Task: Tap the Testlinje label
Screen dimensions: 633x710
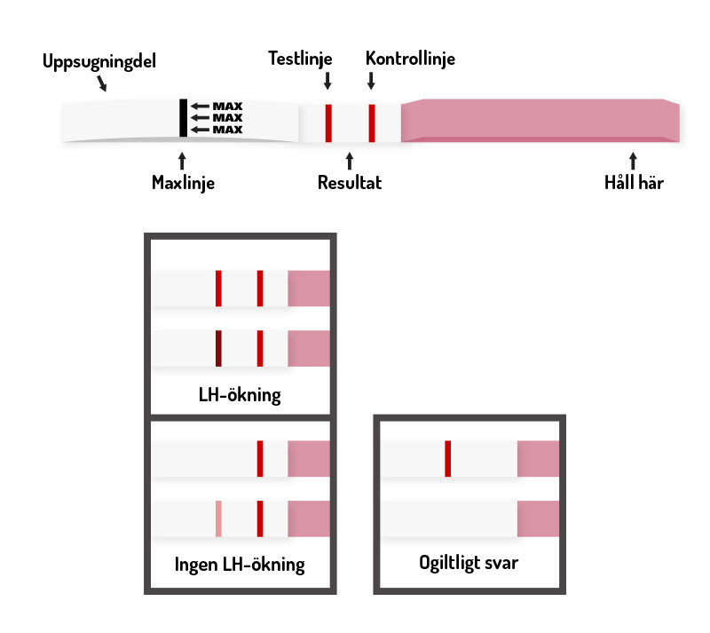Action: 301,59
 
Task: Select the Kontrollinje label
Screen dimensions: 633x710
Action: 410,59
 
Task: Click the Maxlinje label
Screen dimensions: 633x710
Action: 183,184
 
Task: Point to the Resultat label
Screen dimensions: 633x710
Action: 350,184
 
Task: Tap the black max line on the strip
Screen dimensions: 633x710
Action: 183,117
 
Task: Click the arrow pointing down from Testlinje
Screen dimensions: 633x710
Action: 327,81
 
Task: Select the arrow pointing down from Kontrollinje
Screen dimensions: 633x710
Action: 371,81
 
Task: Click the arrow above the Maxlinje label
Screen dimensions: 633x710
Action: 183,160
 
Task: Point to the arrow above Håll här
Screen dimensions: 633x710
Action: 633,160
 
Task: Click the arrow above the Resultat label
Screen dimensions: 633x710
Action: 350,160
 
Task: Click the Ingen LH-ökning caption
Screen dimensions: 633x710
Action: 240,564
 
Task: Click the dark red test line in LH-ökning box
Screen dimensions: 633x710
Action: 218,348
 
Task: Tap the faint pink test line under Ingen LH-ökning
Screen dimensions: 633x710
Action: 218,518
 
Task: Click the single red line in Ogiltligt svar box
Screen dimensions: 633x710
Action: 448,458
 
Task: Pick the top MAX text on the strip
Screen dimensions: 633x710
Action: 228,107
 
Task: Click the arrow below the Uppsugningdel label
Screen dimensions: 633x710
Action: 102,84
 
